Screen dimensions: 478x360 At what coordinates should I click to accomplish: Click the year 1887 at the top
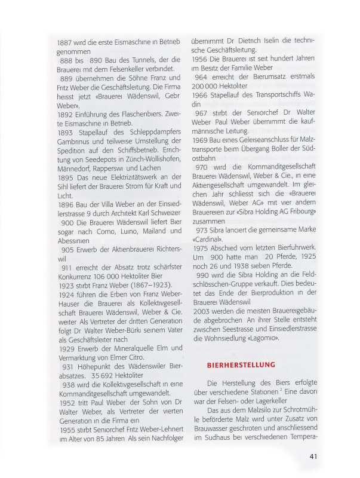click(66, 43)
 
